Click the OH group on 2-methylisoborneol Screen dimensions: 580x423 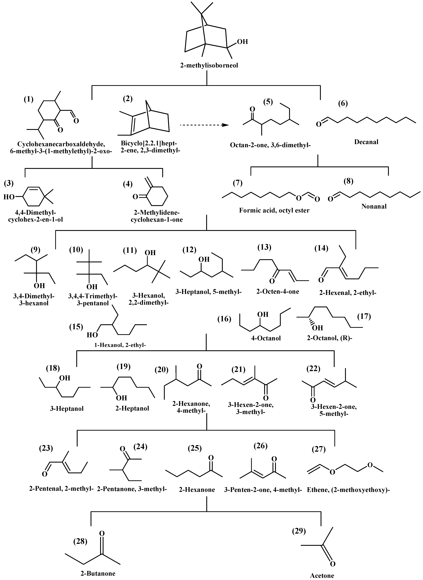(x=242, y=41)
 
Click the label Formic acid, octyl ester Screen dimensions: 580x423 (x=274, y=210)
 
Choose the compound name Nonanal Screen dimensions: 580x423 (x=374, y=206)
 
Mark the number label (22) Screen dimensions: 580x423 (x=313, y=369)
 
